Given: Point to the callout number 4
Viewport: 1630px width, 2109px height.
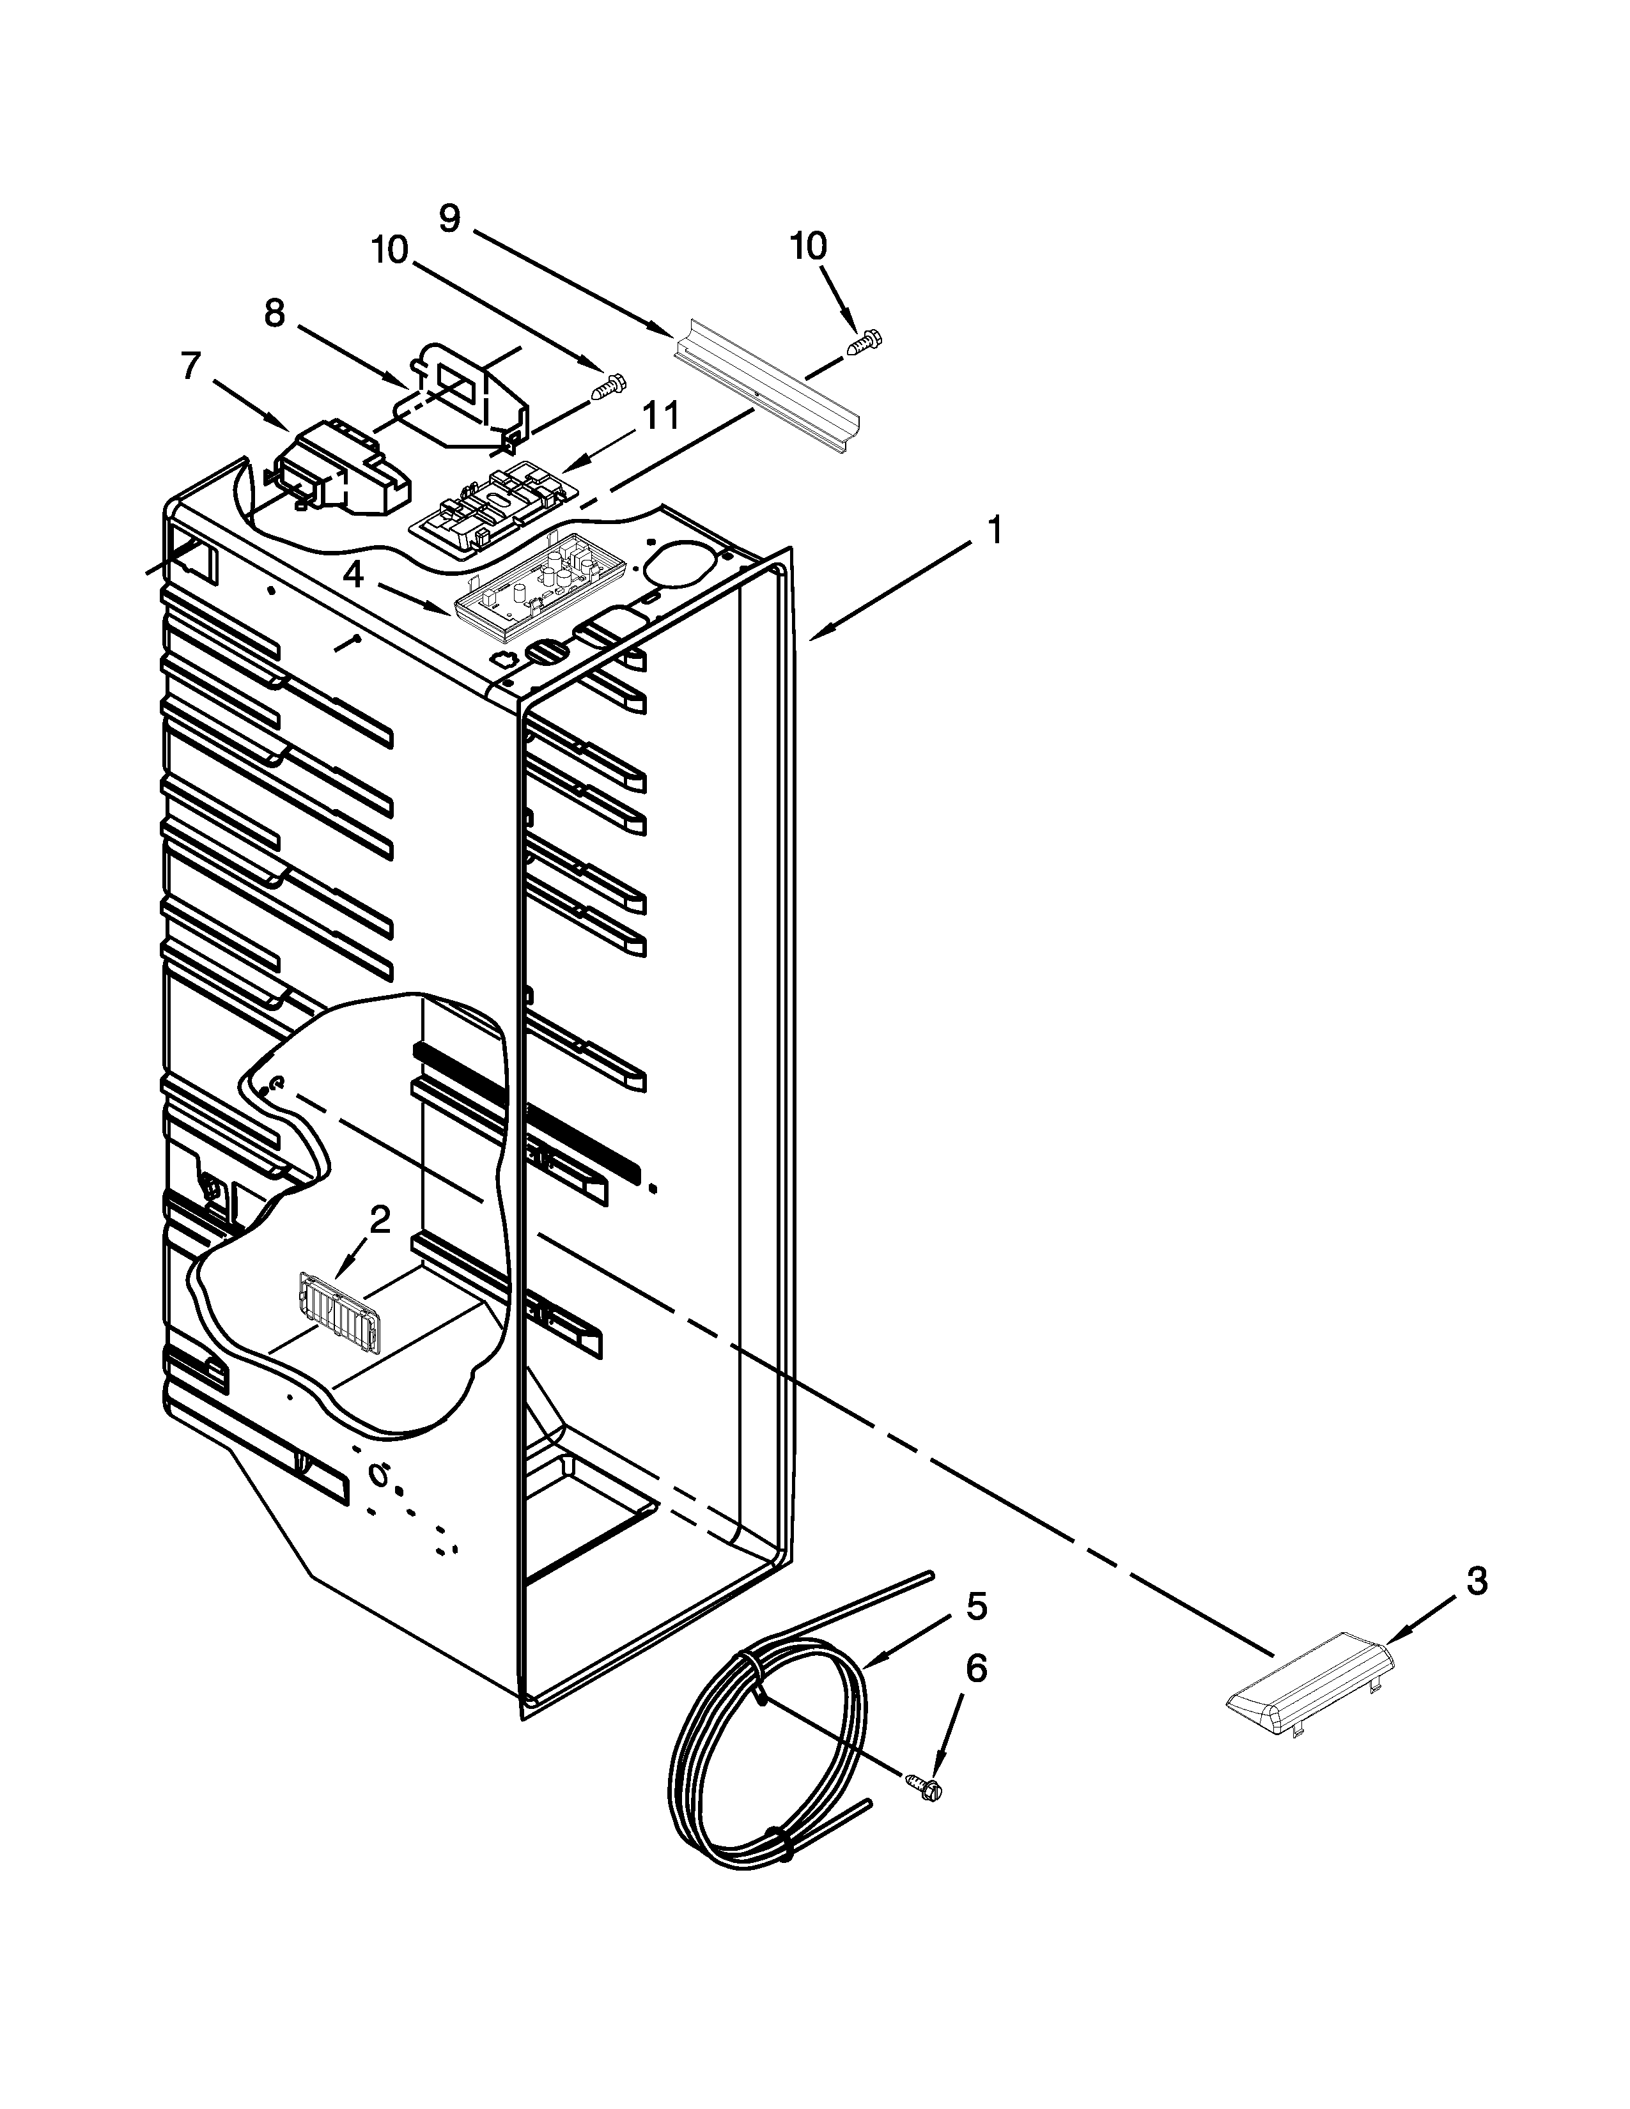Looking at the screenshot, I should (x=354, y=576).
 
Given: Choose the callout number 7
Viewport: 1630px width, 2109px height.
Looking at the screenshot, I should (x=190, y=366).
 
